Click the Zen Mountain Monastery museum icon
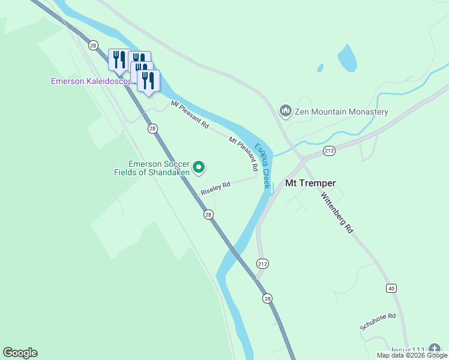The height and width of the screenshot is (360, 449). tap(286, 111)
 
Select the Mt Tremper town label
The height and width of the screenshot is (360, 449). tap(310, 183)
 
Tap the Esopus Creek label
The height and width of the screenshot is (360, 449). tap(262, 166)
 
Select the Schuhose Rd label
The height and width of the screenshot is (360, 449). tap(378, 321)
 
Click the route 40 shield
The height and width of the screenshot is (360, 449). tap(391, 289)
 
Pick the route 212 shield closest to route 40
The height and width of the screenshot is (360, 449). tap(262, 263)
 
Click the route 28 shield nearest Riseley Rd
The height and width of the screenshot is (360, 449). tap(208, 215)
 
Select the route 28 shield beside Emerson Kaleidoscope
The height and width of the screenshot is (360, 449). tap(93, 45)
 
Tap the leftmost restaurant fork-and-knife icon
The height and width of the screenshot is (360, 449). tap(119, 59)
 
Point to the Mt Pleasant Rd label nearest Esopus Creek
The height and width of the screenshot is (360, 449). tap(243, 149)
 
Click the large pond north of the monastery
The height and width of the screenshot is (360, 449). tap(348, 58)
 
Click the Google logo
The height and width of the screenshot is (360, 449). tap(20, 353)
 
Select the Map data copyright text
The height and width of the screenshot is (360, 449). tap(411, 355)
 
